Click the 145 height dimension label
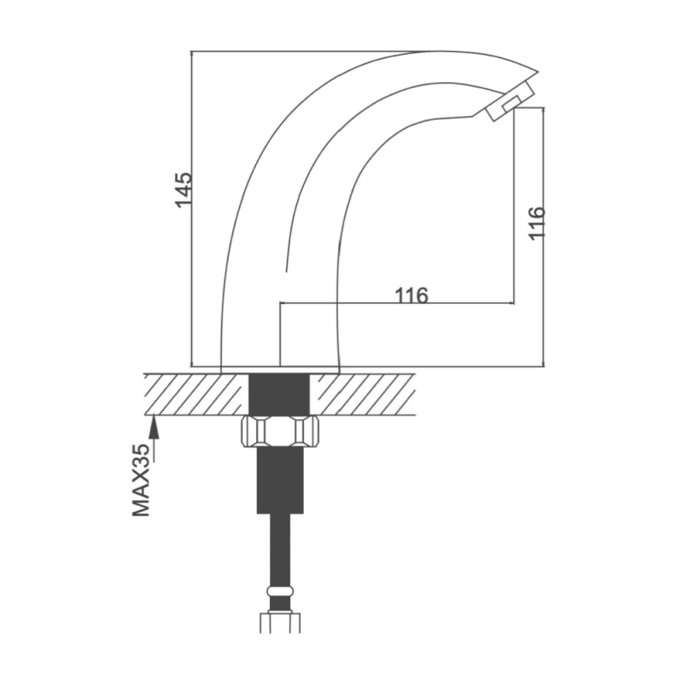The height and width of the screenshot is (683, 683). pyautogui.click(x=184, y=190)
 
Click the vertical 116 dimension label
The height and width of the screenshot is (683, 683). pyautogui.click(x=537, y=223)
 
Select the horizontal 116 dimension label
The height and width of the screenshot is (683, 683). pyautogui.click(x=412, y=295)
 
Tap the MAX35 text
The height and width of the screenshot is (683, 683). pyautogui.click(x=141, y=480)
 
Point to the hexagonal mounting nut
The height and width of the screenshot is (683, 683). pyautogui.click(x=280, y=431)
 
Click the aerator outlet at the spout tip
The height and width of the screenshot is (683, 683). pyautogui.click(x=510, y=101)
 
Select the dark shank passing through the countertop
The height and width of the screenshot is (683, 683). pyautogui.click(x=279, y=394)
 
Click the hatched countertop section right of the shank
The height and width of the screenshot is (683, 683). pyautogui.click(x=362, y=394)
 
